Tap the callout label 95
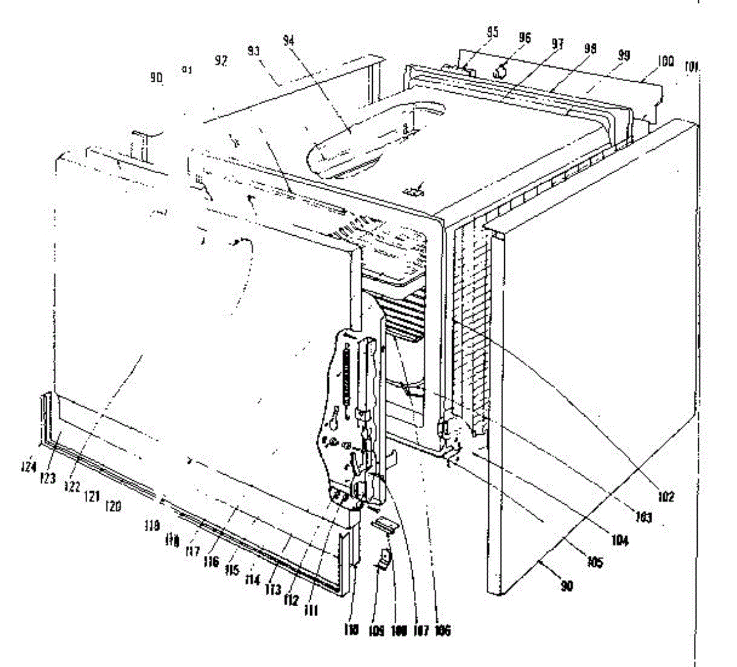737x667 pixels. (492, 33)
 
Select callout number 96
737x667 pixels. (523, 37)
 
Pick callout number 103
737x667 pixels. (643, 518)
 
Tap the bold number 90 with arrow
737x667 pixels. (566, 586)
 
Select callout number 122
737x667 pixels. (72, 486)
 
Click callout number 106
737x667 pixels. (442, 630)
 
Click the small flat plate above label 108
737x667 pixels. (386, 524)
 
